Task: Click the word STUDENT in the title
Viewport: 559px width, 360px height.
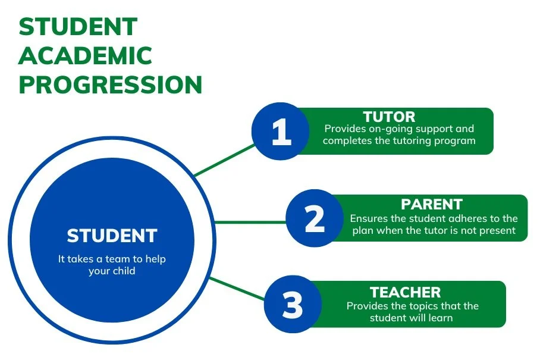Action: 78,27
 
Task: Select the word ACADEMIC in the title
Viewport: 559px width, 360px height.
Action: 86,57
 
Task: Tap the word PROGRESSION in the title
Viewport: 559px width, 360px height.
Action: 111,85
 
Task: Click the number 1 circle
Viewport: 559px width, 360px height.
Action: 281,132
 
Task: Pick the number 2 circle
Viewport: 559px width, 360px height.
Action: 315,219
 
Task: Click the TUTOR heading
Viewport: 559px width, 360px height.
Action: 389,117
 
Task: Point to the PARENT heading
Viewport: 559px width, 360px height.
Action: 432,205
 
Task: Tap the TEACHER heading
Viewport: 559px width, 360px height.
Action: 406,292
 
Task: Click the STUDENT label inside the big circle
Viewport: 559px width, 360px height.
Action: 112,236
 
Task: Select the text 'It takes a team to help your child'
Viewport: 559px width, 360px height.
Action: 112,265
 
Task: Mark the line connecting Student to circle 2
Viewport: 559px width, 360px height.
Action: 250,222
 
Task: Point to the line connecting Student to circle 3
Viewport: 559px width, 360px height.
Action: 238,288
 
